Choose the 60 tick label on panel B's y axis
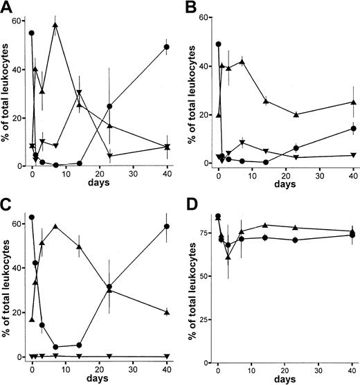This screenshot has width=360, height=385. pos(204,17)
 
